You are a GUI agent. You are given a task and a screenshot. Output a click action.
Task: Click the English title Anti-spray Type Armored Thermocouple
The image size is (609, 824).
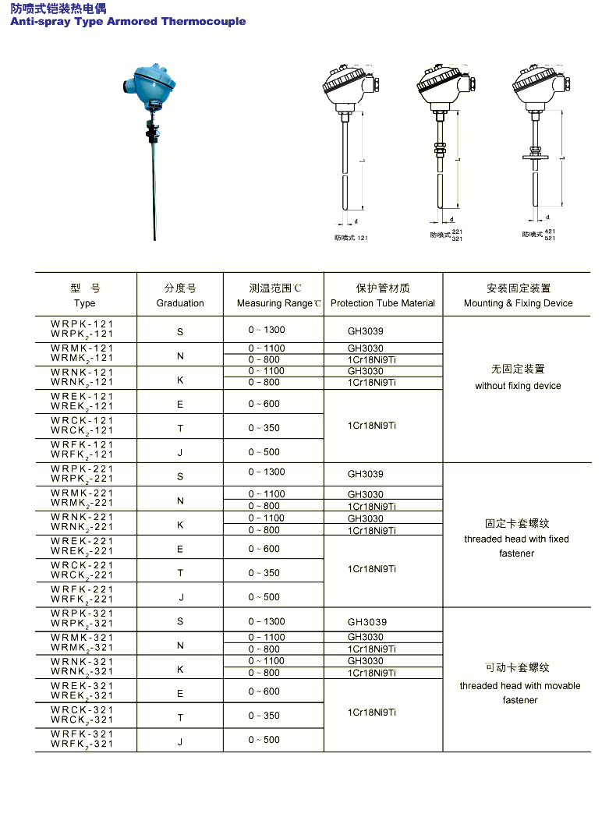coord(128,21)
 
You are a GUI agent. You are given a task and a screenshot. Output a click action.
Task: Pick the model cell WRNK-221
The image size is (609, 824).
coord(83,517)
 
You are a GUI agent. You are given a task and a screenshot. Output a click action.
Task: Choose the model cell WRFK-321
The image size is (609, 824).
coord(83,734)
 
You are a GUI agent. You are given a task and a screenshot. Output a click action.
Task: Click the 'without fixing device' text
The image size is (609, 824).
coord(518,386)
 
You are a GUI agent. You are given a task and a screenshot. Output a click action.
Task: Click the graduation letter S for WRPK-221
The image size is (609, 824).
coord(180,476)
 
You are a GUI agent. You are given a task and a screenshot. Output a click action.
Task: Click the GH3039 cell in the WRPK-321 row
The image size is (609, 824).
coord(366,622)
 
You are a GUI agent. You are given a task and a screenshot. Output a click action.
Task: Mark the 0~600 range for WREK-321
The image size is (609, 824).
coord(264,691)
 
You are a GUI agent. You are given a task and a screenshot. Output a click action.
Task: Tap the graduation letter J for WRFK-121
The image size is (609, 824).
coord(180,452)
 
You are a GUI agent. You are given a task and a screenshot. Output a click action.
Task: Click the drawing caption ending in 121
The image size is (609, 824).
coord(352,237)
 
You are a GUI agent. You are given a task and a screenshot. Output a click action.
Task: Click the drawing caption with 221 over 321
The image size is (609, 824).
coord(446,235)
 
